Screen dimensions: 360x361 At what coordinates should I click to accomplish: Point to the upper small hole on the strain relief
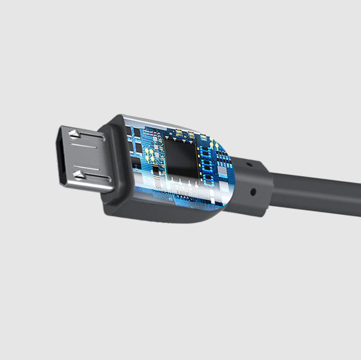tap(248, 163)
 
